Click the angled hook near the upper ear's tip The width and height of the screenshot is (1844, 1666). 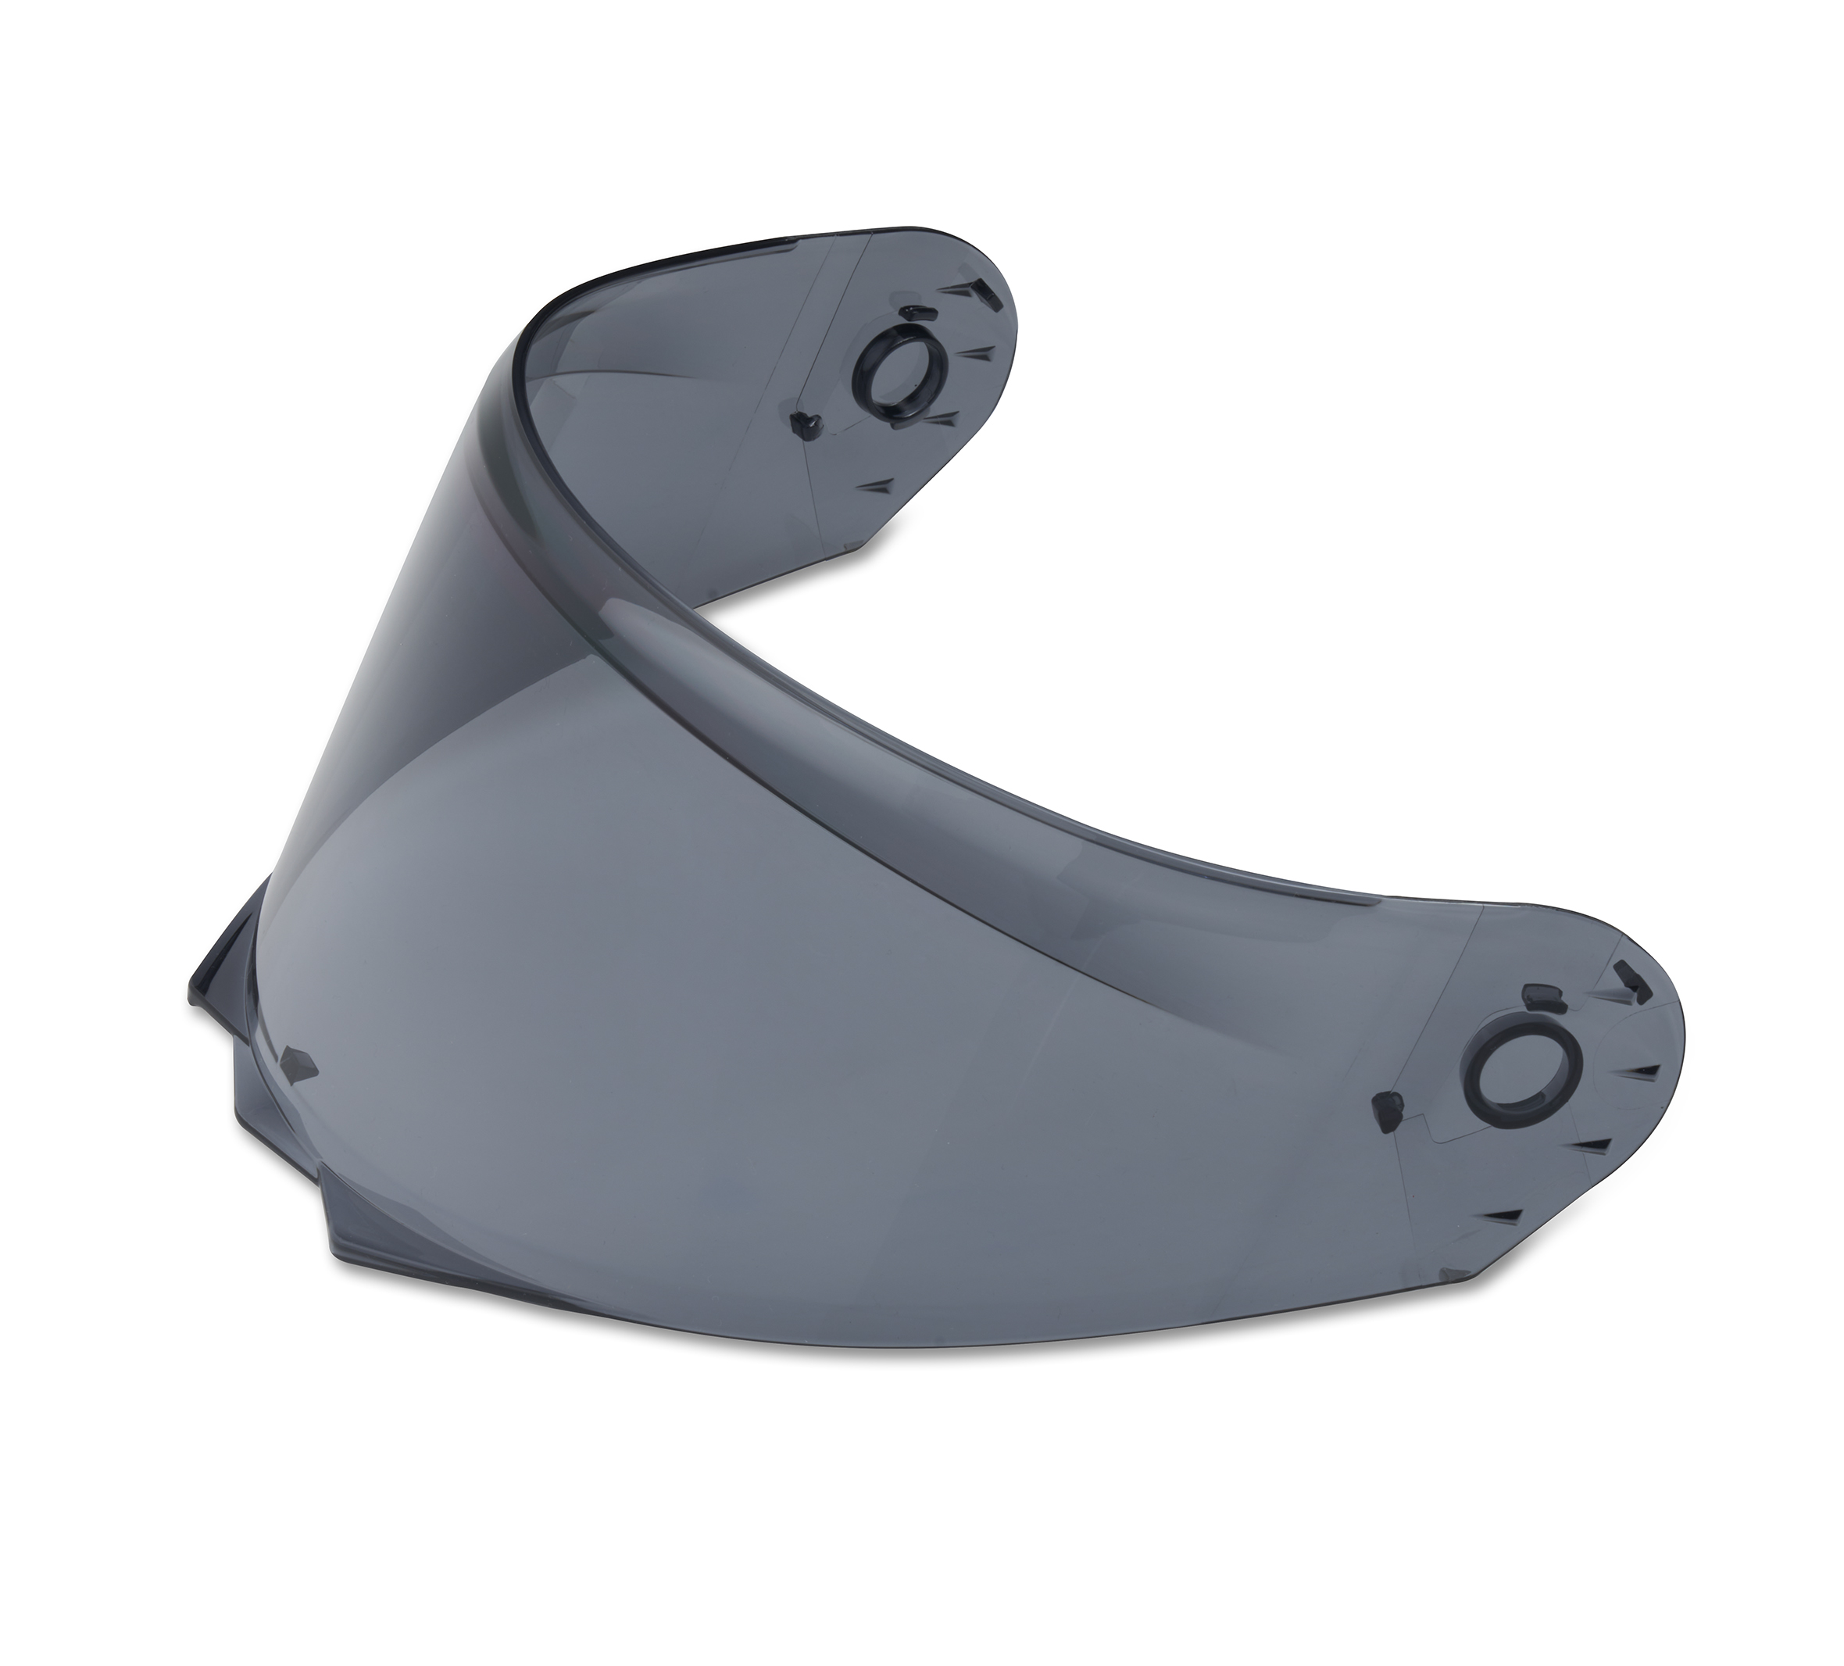click(982, 291)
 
